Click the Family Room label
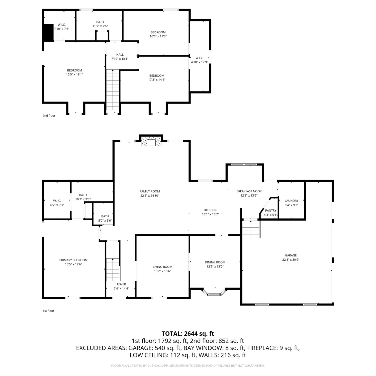150,191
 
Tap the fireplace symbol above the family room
151,141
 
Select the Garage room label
291,255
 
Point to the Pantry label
271,211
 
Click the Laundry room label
292,201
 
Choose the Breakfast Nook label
249,191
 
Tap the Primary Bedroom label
73,260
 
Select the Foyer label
122,284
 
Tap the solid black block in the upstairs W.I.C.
49,33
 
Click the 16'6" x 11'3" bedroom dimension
158,36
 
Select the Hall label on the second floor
120,55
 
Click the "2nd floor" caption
49,116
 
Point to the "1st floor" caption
48,311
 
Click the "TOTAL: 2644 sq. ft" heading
188,334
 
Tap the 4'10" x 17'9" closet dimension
200,62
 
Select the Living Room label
162,267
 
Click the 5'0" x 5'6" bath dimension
105,221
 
